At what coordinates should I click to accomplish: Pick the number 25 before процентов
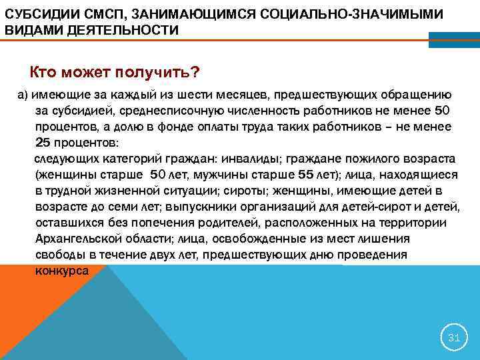click(x=42, y=142)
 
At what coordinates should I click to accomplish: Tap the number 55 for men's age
click(x=305, y=175)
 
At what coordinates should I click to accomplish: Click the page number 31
click(x=454, y=338)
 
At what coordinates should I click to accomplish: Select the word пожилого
click(x=361, y=159)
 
